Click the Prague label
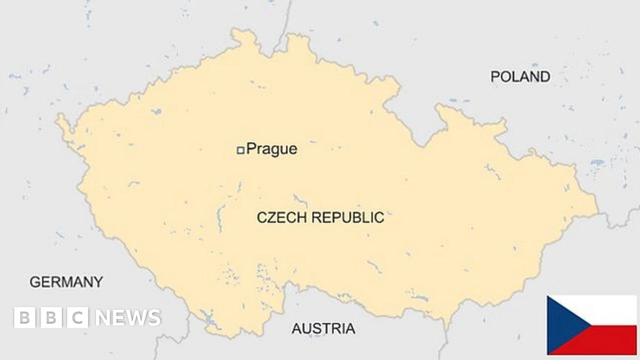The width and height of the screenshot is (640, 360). tap(271, 149)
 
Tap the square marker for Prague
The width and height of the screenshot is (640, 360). tap(241, 150)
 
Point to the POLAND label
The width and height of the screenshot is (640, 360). tap(520, 77)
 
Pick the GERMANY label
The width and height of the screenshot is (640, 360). tap(66, 282)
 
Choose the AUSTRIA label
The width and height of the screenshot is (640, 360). tap(323, 329)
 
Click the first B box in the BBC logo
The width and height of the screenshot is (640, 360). tap(25, 318)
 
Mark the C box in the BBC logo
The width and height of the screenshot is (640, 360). tap(78, 318)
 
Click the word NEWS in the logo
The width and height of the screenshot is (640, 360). tap(128, 318)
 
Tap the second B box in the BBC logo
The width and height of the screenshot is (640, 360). tap(51, 318)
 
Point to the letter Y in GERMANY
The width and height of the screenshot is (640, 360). tap(97, 282)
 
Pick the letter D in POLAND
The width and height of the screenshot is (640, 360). tap(544, 77)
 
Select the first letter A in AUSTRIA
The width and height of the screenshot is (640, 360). tap(297, 329)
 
